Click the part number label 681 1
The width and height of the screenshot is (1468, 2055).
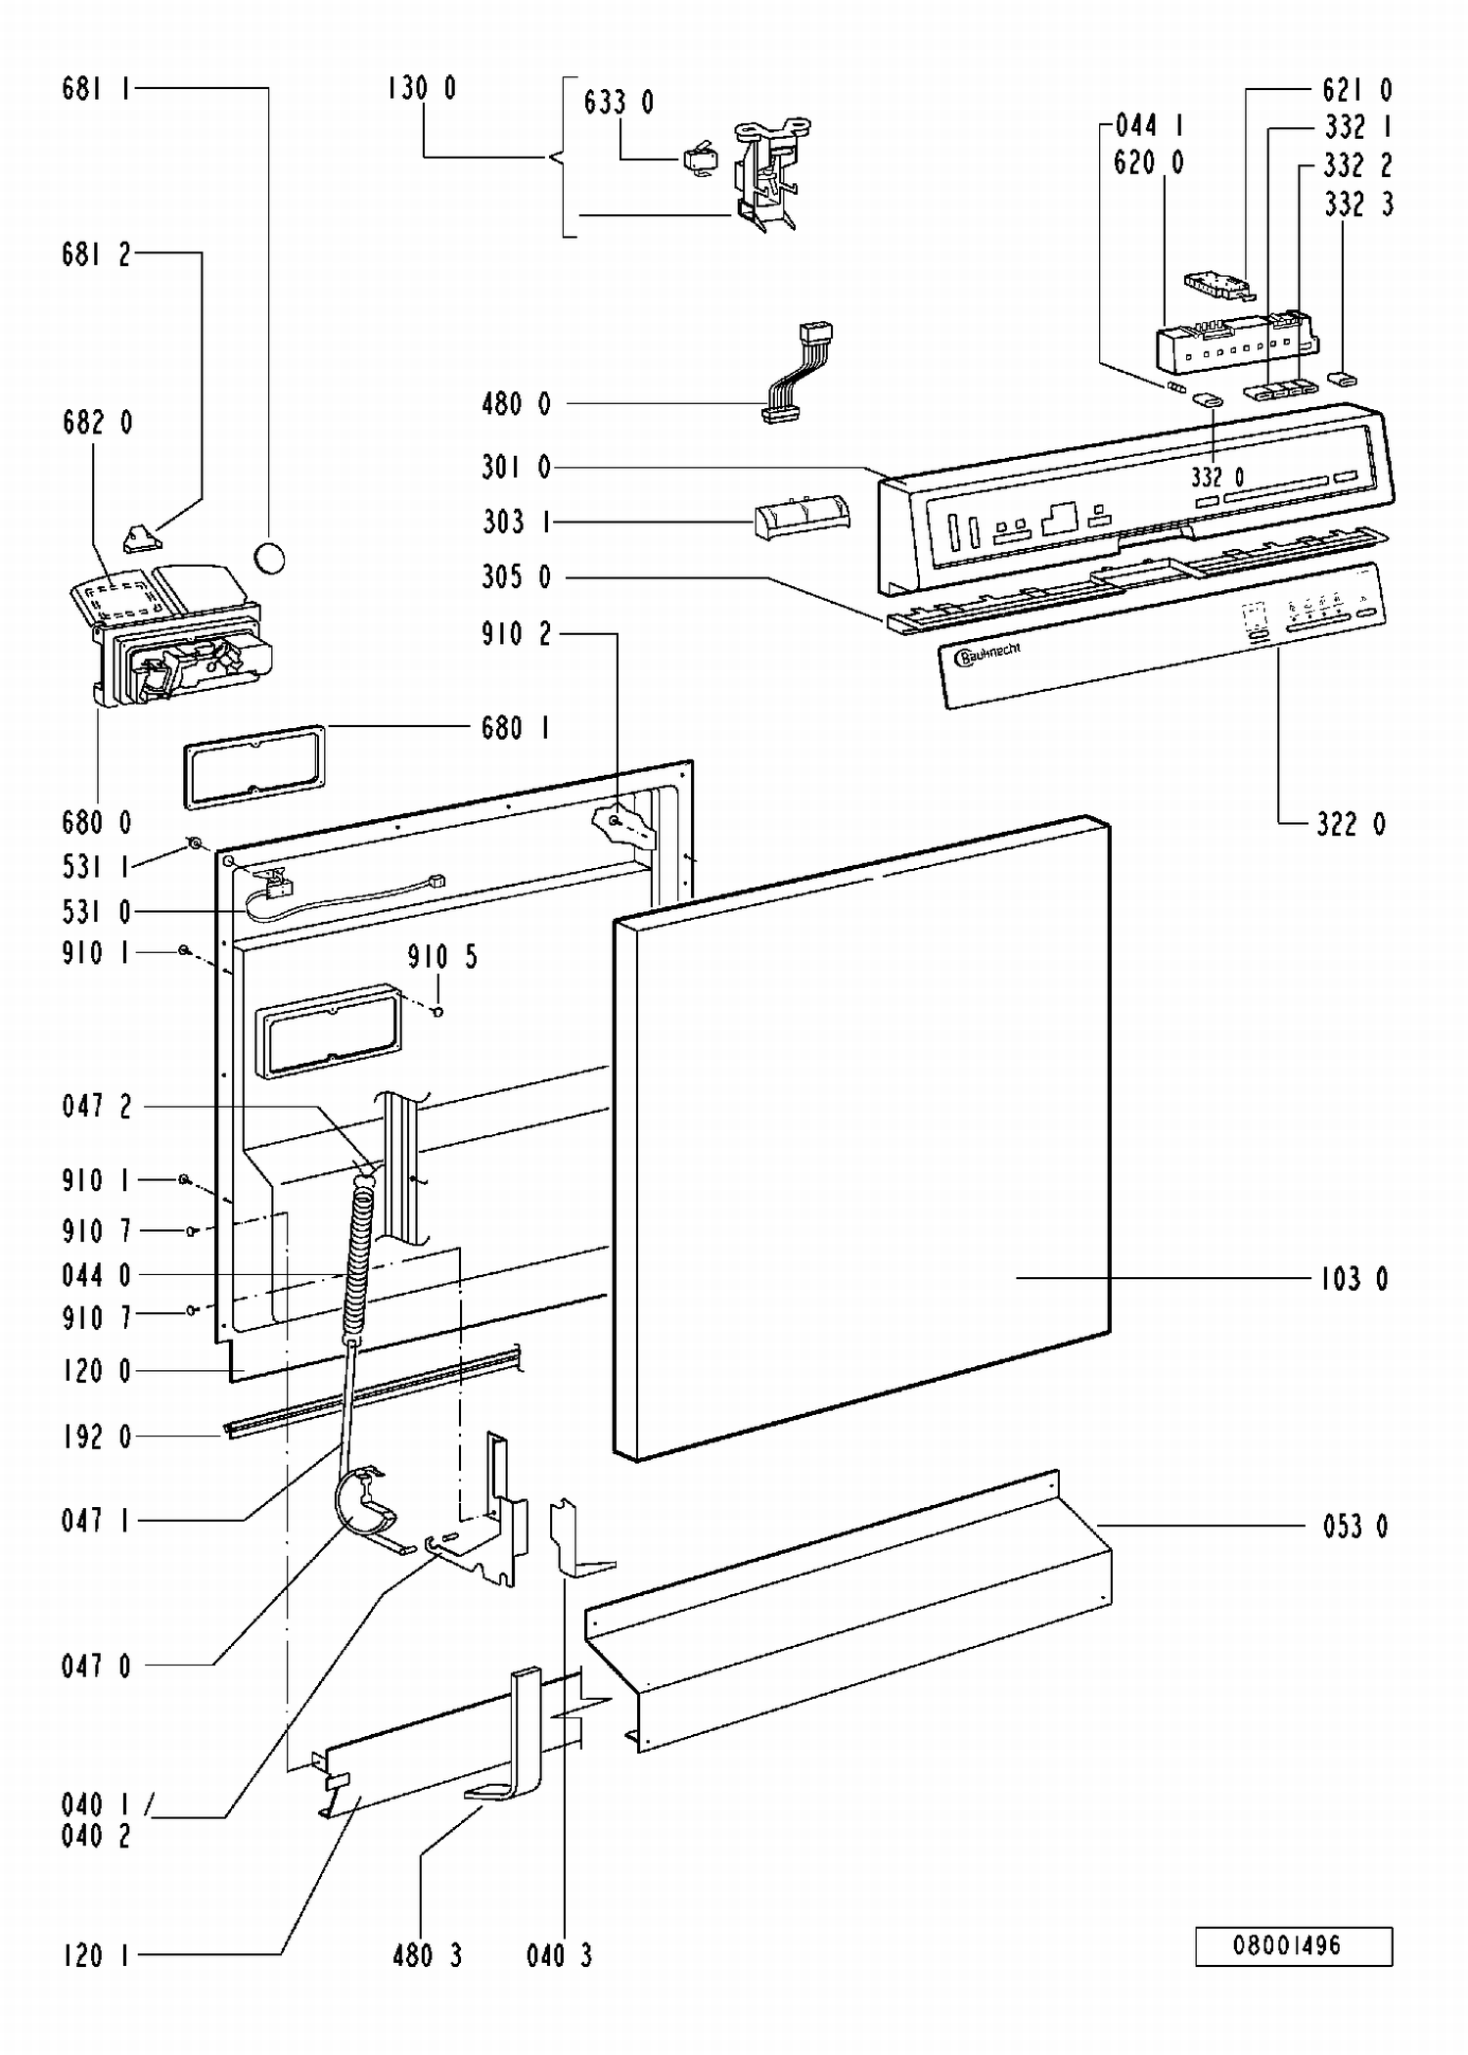click(96, 89)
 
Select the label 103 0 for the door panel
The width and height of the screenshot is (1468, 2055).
click(1353, 1279)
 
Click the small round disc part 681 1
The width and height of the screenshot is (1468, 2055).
click(269, 559)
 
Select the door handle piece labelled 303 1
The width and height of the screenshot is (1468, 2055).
click(802, 515)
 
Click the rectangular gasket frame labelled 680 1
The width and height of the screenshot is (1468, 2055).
click(254, 767)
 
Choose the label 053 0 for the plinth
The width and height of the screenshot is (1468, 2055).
click(1354, 1526)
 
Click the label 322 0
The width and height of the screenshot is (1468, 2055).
click(1352, 824)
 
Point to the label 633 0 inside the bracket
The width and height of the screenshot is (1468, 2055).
click(619, 103)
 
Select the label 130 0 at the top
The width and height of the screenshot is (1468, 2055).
click(422, 89)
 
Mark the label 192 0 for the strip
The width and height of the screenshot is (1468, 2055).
click(96, 1438)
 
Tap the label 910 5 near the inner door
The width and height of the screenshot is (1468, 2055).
click(442, 957)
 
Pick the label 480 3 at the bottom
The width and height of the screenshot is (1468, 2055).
click(427, 1956)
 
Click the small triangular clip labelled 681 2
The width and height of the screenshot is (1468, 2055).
click(141, 537)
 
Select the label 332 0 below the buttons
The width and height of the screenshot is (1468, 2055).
click(1217, 478)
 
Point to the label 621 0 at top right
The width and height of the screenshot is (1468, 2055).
click(1356, 91)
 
